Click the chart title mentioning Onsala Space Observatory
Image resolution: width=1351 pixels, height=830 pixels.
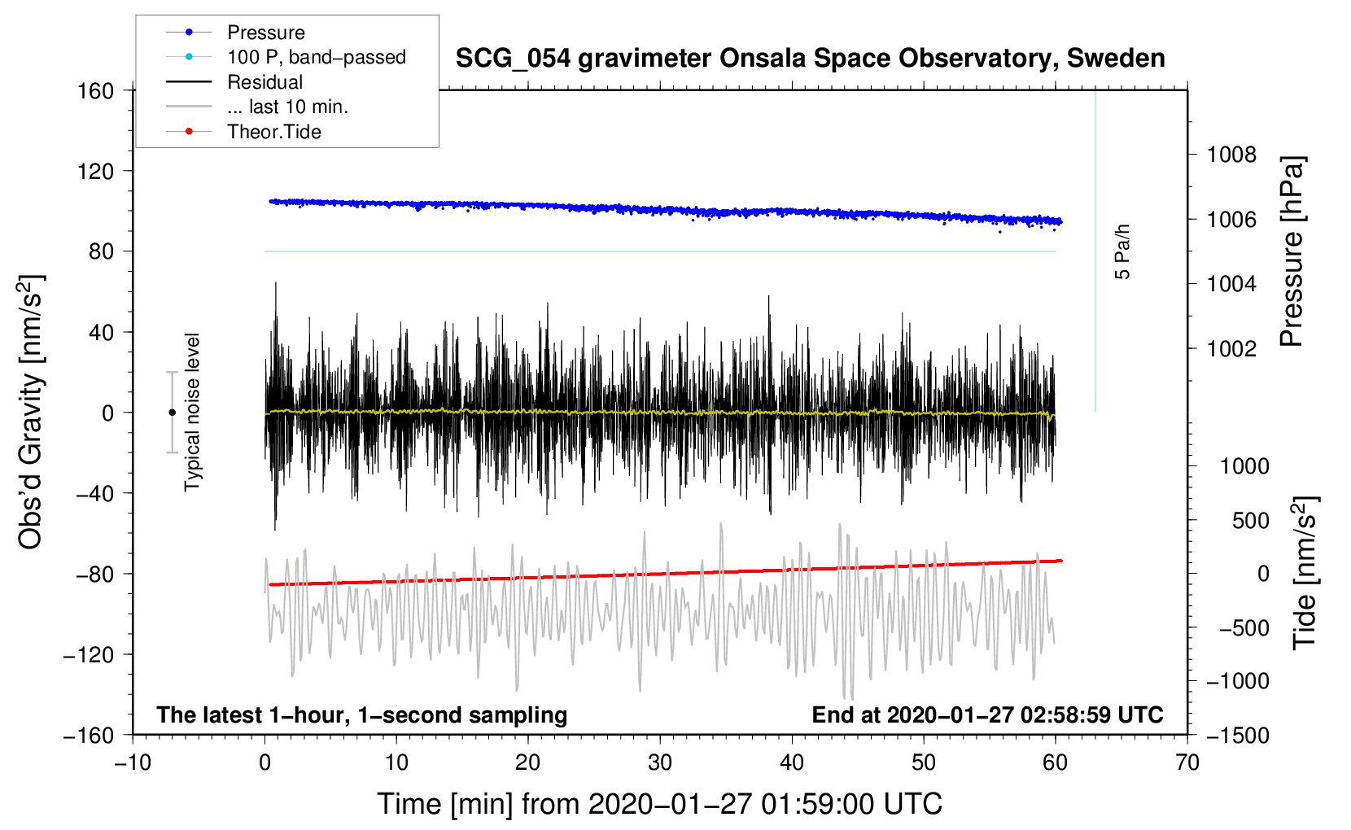[810, 59]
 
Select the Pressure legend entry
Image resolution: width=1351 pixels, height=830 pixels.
[265, 33]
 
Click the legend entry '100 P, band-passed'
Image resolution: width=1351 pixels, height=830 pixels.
[316, 57]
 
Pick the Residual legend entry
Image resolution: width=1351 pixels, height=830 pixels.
[265, 82]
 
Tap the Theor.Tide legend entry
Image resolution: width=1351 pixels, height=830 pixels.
[273, 132]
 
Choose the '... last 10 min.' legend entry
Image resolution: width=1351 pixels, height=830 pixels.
[287, 107]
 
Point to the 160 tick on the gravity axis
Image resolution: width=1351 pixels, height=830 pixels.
[96, 91]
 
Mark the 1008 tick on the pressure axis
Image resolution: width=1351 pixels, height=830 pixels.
[1231, 155]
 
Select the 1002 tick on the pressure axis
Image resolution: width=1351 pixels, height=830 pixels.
[1231, 349]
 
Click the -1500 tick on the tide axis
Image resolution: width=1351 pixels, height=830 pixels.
[1237, 736]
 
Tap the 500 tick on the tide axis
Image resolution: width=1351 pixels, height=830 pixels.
[1250, 521]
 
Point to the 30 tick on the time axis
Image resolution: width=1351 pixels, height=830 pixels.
[660, 763]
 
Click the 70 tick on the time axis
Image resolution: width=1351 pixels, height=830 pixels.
[1187, 763]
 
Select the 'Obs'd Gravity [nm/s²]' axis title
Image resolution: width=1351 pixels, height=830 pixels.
[31, 412]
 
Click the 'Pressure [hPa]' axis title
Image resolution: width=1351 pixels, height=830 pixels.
[1292, 251]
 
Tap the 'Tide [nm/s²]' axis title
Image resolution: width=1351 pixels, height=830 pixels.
[1305, 573]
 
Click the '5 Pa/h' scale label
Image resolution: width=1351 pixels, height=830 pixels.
[1122, 251]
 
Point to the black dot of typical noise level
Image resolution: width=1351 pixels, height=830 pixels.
[172, 413]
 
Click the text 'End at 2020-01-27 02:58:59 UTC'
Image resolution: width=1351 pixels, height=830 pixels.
[987, 715]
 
